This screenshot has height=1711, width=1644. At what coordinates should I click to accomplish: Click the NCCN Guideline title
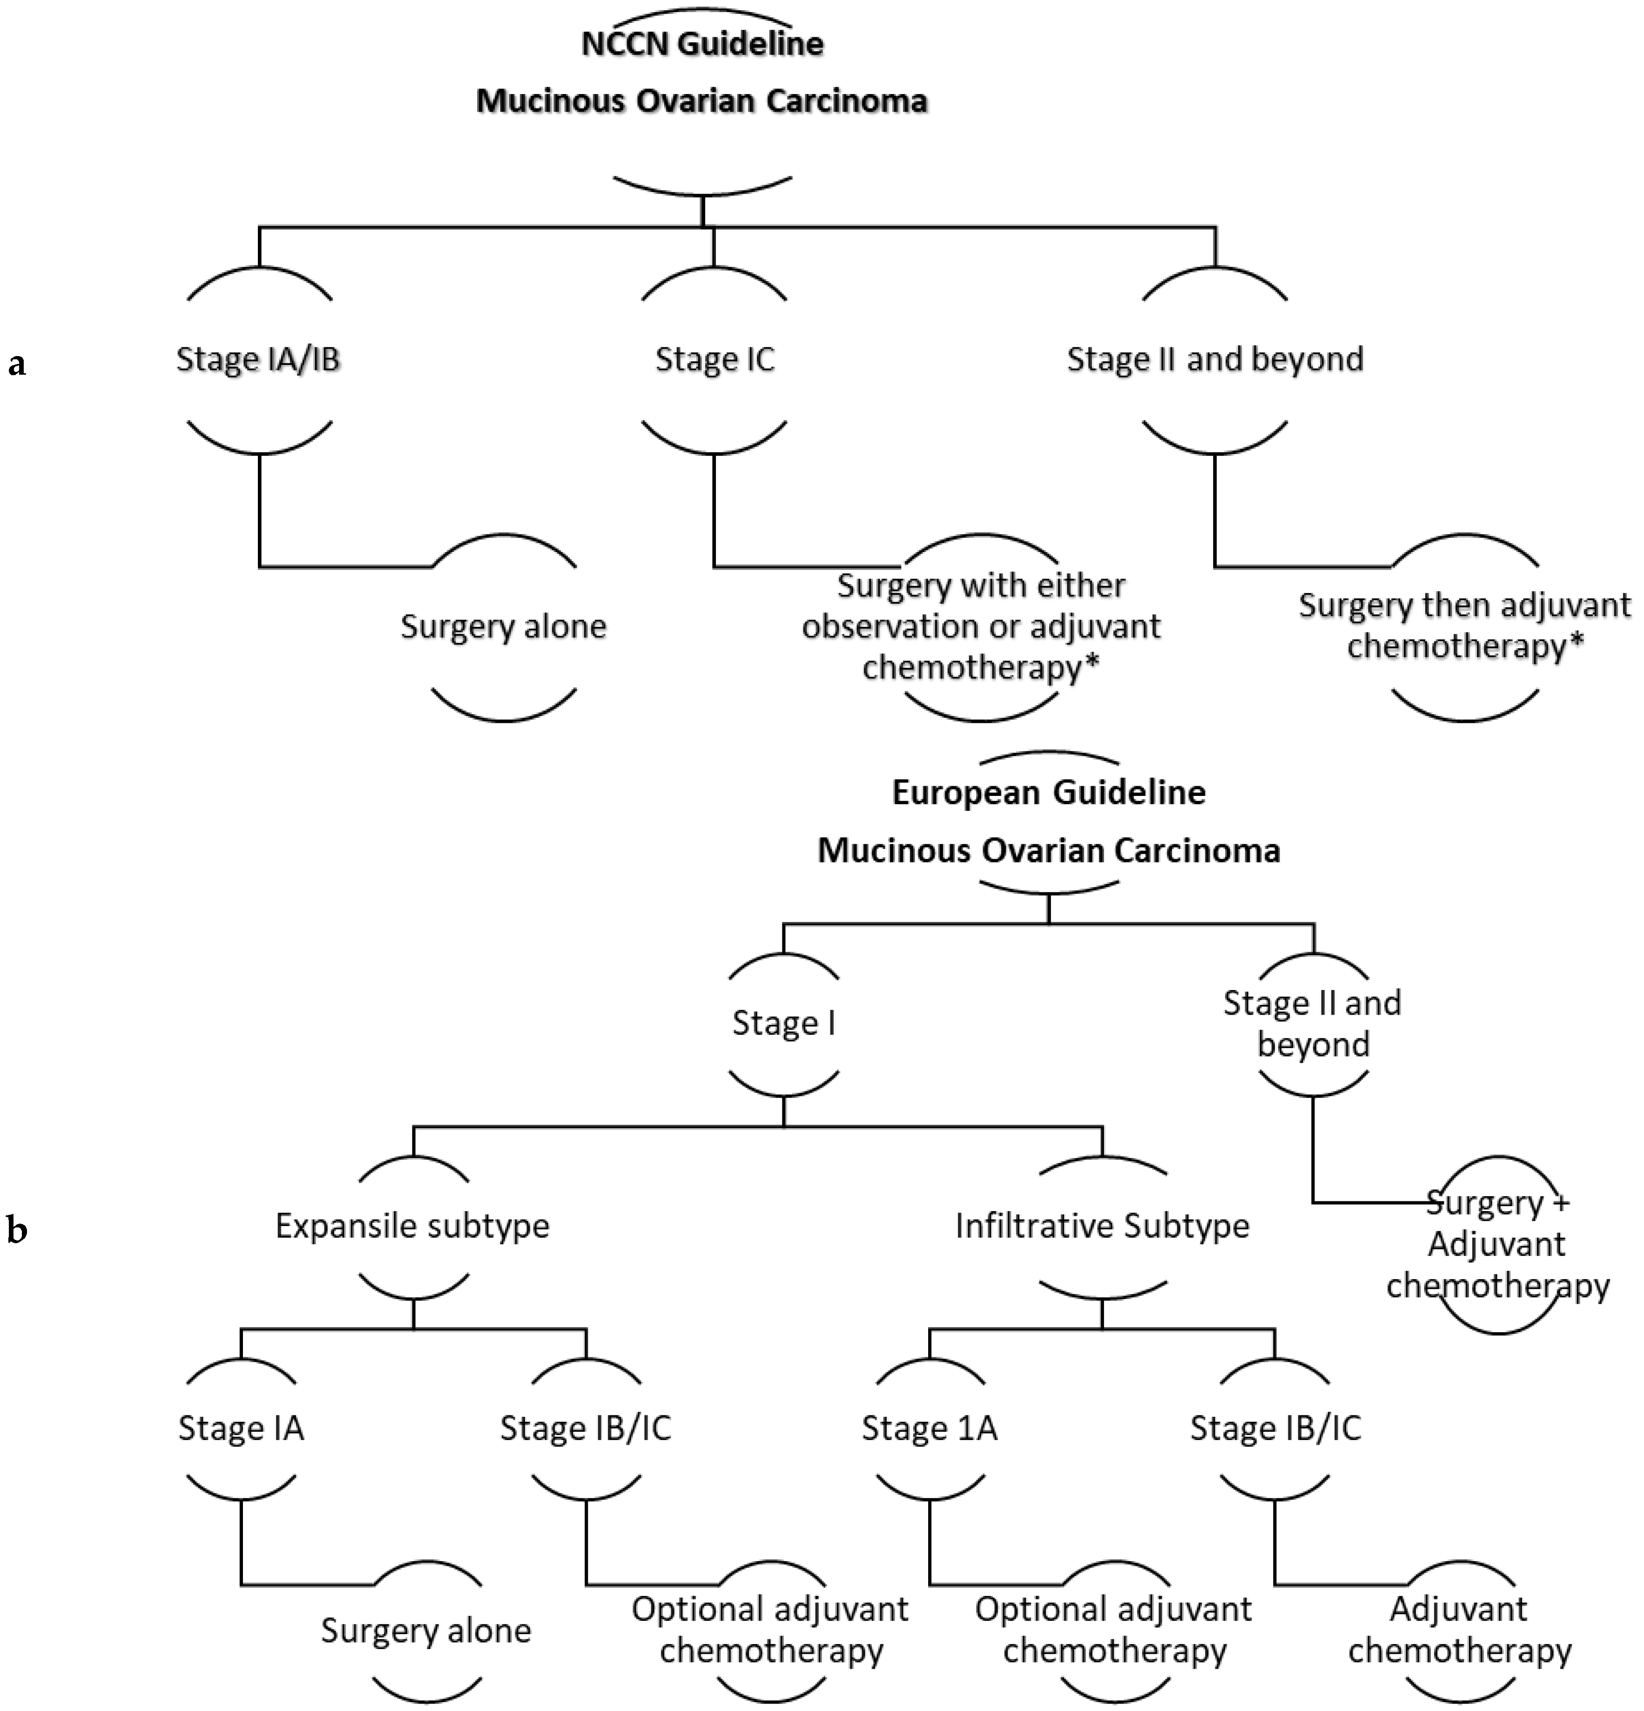[x=702, y=44]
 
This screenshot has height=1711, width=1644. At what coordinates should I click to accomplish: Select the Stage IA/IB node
[x=258, y=359]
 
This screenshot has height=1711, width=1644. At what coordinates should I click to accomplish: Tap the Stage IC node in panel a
[x=714, y=359]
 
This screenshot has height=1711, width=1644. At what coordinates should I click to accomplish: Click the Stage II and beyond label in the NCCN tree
[x=1214, y=359]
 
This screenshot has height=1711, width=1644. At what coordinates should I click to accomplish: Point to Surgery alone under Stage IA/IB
[x=503, y=626]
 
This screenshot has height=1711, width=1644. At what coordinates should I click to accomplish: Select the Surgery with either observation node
[x=980, y=626]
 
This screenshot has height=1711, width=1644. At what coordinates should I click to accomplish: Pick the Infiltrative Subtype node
[x=1102, y=1226]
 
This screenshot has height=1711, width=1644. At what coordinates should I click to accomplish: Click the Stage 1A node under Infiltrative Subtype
[x=929, y=1428]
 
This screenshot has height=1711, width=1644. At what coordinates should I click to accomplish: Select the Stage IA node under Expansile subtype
[x=241, y=1428]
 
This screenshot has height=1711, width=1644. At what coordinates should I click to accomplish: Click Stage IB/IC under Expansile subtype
[x=585, y=1428]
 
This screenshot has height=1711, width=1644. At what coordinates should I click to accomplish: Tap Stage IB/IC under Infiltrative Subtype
[x=1275, y=1428]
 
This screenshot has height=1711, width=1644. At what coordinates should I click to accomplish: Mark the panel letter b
[x=17, y=1230]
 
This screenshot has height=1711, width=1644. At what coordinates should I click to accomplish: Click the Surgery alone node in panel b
[x=426, y=1630]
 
